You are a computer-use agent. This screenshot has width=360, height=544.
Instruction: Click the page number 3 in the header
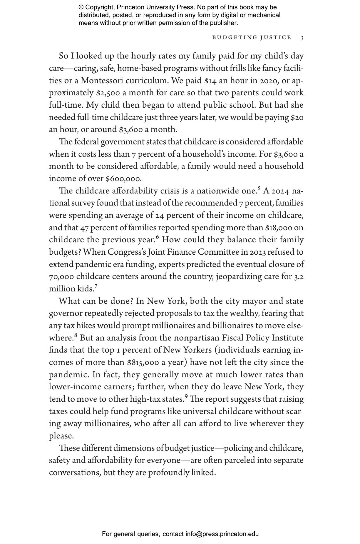click(302, 38)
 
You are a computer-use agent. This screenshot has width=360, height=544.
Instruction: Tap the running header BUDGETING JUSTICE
click(252, 38)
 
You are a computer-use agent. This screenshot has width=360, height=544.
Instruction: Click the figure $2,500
click(108, 93)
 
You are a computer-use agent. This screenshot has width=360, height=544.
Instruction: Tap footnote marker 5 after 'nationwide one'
click(259, 188)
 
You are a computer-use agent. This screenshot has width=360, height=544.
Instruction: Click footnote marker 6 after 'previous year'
click(157, 237)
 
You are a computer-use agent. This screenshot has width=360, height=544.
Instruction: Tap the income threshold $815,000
click(143, 363)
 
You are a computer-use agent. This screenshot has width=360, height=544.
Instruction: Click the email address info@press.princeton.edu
click(222, 534)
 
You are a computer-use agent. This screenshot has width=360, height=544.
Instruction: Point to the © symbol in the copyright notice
click(81, 7)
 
